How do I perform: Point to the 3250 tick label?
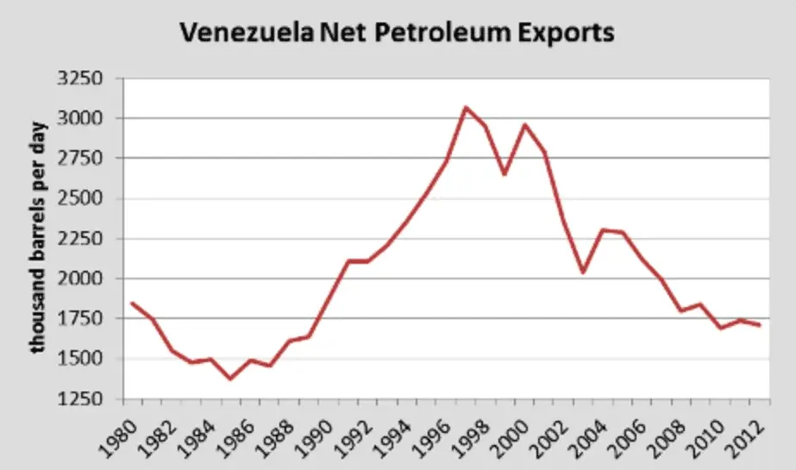pos(80,78)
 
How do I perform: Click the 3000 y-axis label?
pos(80,118)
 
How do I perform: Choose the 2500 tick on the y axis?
pos(80,198)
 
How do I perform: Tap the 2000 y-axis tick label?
pos(80,279)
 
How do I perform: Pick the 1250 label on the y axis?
pos(80,399)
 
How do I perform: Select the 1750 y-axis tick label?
pos(80,319)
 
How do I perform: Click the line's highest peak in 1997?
pos(466,108)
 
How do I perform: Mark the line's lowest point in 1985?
pos(230,379)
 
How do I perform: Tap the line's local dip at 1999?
pos(505,174)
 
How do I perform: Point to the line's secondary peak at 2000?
pos(524,125)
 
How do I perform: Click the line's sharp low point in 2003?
pos(584,272)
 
